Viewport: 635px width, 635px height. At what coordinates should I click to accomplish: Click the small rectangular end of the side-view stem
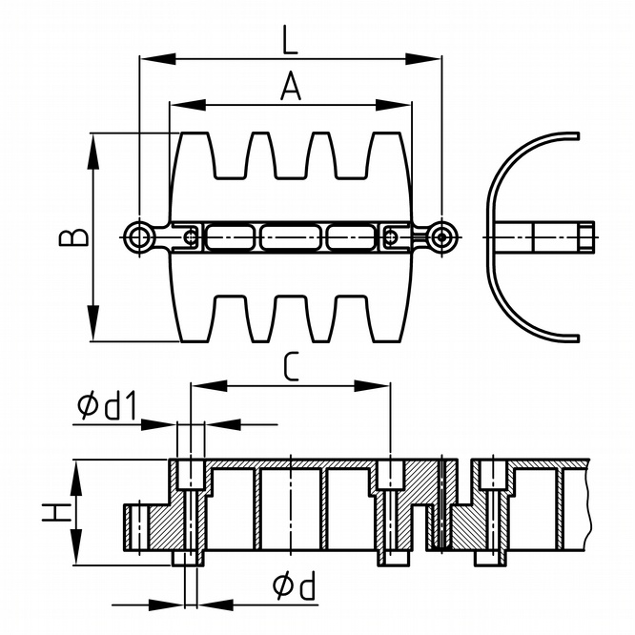point(584,235)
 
